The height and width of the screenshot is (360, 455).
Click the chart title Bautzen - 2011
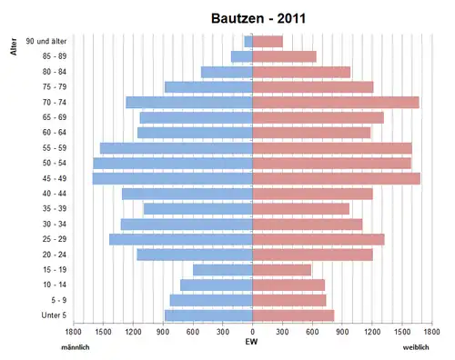coord(258,18)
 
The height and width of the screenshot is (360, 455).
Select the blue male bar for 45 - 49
coord(173,178)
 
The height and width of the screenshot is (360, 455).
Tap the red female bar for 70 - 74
coord(336,103)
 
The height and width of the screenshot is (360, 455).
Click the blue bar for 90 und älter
coord(248,42)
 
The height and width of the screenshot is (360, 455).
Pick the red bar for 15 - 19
coord(282,270)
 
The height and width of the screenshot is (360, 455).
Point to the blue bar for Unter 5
coord(208,315)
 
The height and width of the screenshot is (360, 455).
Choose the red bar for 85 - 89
coord(285,56)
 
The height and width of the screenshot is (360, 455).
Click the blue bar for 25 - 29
coord(181,239)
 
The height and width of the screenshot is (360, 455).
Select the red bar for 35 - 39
coord(301,209)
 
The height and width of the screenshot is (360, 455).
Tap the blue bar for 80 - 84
coord(227,72)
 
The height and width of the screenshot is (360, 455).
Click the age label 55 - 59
coord(55,148)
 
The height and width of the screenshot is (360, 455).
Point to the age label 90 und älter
coord(46,41)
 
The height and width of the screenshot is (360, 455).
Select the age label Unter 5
coord(54,315)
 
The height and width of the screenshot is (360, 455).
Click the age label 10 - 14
coord(55,285)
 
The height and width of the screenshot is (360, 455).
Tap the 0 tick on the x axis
coord(253,332)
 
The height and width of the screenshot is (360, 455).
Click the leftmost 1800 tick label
coord(73,332)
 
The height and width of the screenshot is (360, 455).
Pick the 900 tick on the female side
coord(342,332)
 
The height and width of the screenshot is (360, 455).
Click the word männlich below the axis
coord(76,347)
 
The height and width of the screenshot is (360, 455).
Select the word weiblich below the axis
coord(416,347)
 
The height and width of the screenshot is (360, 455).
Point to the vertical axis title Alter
coord(14,46)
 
